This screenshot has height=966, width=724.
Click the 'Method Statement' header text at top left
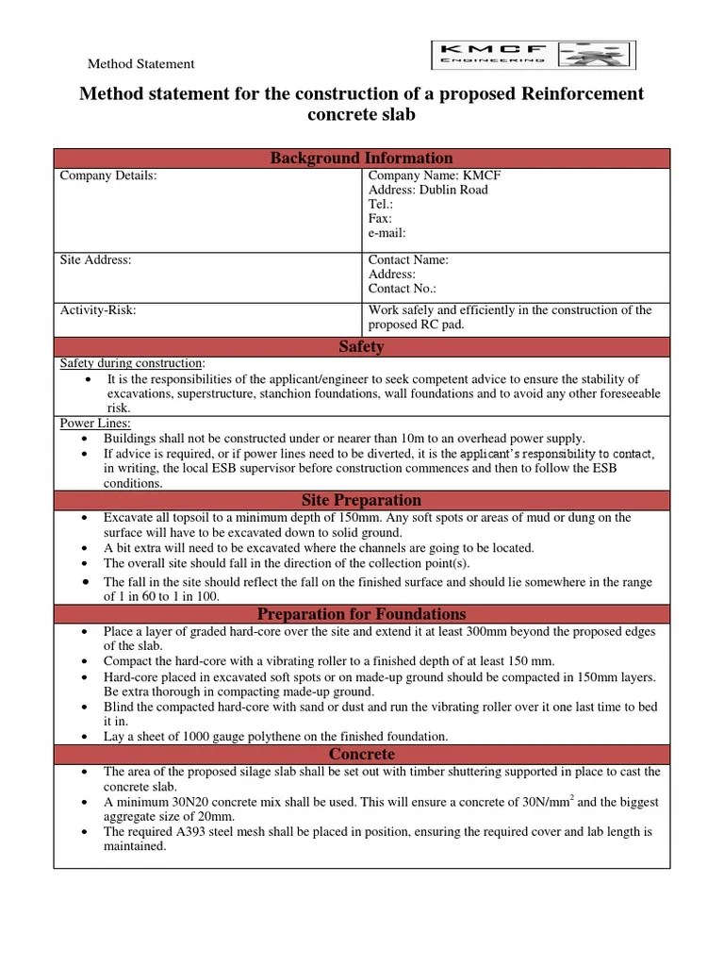point(140,64)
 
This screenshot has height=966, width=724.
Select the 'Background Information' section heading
point(361,158)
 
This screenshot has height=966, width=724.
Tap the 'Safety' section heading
point(361,346)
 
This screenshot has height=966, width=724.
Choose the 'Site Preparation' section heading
point(361,500)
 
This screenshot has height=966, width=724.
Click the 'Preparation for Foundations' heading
point(361,614)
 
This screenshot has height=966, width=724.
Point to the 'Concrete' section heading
point(361,754)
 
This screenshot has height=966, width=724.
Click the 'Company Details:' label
point(108,175)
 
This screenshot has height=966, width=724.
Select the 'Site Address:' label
point(95,259)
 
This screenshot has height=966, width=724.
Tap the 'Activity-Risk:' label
point(98,310)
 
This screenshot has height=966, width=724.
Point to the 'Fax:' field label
point(379,218)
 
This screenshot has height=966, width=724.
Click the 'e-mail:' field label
point(387,232)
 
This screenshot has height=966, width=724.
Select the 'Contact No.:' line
point(402,289)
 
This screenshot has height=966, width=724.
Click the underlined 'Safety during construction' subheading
point(131,363)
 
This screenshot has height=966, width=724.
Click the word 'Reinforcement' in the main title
point(579,93)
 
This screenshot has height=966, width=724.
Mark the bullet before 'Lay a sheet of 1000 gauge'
point(87,736)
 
